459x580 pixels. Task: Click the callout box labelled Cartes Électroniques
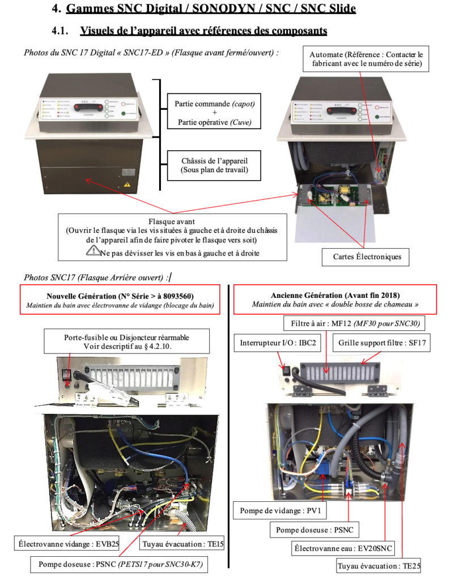pyautogui.click(x=365, y=257)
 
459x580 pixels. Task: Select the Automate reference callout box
pyautogui.click(x=365, y=59)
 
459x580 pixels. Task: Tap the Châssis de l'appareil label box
pyautogui.click(x=214, y=165)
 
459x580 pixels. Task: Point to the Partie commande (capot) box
pyautogui.click(x=214, y=112)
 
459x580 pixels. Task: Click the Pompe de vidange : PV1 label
pyautogui.click(x=280, y=511)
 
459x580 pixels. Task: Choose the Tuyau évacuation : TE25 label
pyautogui.click(x=379, y=566)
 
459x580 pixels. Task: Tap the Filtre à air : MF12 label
pyautogui.click(x=355, y=323)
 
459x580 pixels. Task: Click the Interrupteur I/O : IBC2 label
pyautogui.click(x=278, y=343)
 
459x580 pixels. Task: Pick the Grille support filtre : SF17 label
pyautogui.click(x=381, y=343)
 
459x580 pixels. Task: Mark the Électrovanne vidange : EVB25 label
pyautogui.click(x=67, y=544)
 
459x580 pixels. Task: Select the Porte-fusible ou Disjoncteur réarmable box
pyautogui.click(x=126, y=342)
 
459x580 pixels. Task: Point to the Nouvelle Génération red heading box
pyautogui.click(x=120, y=300)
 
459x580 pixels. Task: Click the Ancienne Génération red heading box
pyautogui.click(x=335, y=300)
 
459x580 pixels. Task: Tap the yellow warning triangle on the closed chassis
pyautogui.click(x=127, y=184)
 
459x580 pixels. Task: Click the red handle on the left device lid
pyautogui.click(x=88, y=107)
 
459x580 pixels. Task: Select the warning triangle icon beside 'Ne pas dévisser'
pyautogui.click(x=92, y=251)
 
